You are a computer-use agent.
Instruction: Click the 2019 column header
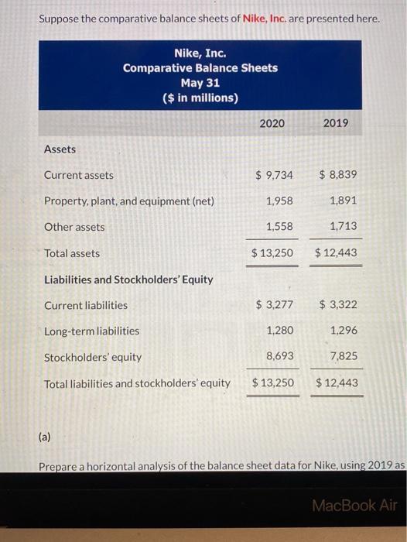coord(335,123)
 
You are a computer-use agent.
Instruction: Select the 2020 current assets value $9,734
coord(274,175)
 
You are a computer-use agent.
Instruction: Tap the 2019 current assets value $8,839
coord(337,175)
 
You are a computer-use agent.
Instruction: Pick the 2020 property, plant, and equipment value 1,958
coord(279,201)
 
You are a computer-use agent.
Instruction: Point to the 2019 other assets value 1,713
coord(344,227)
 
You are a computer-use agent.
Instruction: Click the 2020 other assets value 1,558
coord(279,227)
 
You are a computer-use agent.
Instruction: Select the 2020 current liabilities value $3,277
coord(274,305)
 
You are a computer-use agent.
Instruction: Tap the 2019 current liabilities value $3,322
coord(338,305)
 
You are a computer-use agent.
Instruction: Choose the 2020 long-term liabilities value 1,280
coord(279,331)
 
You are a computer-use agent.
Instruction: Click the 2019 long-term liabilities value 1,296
coord(344,331)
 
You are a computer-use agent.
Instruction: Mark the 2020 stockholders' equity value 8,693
coord(279,356)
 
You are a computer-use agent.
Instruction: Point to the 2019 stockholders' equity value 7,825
coord(344,356)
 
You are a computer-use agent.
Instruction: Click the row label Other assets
coord(74,227)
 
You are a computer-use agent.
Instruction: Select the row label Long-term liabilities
coord(92,331)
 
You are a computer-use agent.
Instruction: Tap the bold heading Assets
coord(60,149)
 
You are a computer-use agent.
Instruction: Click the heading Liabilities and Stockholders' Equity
coord(128,279)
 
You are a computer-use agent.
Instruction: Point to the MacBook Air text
coord(354,505)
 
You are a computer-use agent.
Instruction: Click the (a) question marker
coord(44,437)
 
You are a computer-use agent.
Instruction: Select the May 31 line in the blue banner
coord(200,83)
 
